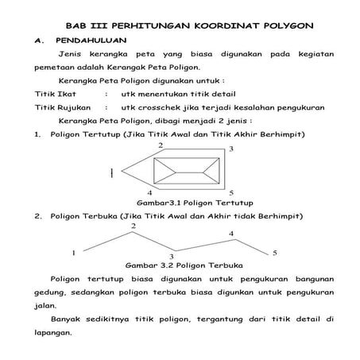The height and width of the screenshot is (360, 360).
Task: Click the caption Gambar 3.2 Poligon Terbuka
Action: [185, 265]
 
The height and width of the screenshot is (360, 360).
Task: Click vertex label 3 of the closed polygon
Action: [231, 149]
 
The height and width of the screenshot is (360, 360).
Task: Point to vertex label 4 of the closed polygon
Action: [149, 192]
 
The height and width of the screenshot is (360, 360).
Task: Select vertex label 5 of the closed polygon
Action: [230, 192]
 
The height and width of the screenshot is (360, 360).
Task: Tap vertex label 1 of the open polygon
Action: [73, 252]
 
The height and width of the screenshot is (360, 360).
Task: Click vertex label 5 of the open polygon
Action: [274, 252]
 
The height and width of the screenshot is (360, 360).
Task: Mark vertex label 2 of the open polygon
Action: [133, 226]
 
